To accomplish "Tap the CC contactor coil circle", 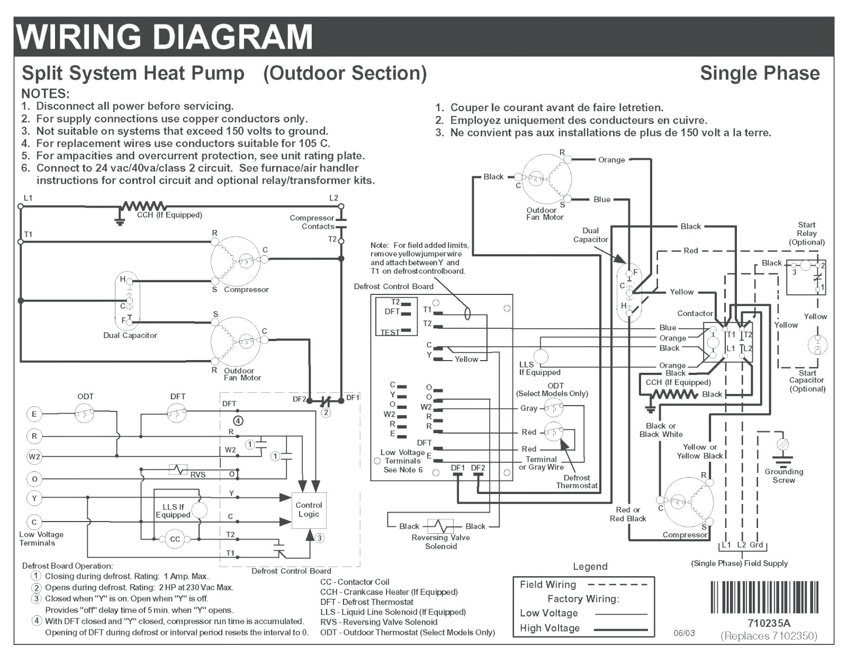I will [175, 539].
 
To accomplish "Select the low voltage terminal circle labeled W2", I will [34, 456].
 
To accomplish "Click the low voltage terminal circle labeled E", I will [34, 414].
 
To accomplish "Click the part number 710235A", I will [769, 623].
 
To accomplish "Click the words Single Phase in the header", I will [760, 73].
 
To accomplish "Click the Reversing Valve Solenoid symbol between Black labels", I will [441, 526].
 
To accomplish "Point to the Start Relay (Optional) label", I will [806, 234].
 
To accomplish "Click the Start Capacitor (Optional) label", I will [807, 381].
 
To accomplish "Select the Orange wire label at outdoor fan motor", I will [611, 159].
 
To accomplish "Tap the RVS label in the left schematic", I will [197, 475].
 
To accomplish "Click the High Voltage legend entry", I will [549, 629].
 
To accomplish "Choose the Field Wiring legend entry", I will [548, 585].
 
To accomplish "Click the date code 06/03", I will [684, 633].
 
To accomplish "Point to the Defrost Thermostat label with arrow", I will [576, 481].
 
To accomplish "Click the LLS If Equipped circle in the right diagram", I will [540, 356].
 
